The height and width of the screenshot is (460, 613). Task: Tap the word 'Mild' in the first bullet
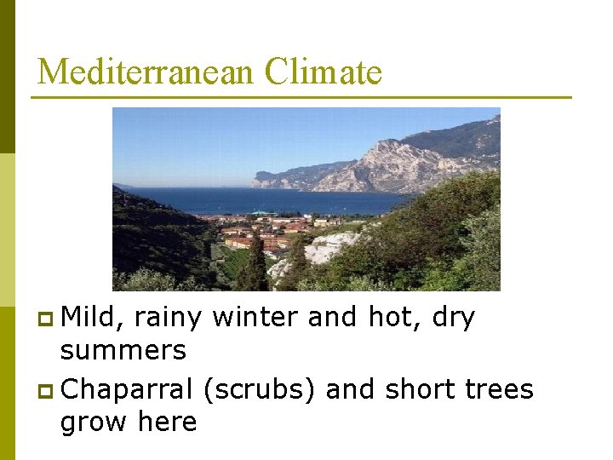coord(92,318)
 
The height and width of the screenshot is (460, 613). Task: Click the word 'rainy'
coord(168,319)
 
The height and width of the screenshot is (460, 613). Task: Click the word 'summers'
coord(123,349)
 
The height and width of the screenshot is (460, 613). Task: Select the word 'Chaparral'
coord(128,389)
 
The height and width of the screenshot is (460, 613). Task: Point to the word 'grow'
coord(93,422)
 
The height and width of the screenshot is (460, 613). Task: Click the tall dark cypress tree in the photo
coord(254,264)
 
